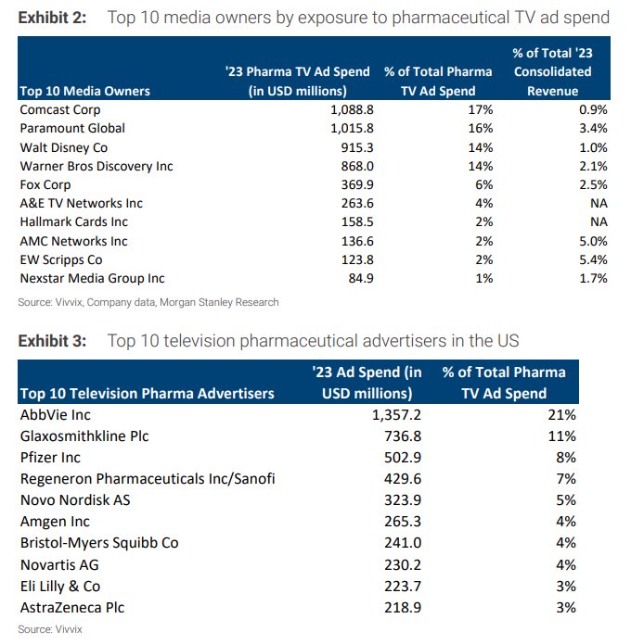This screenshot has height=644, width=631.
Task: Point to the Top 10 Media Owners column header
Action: (x=84, y=91)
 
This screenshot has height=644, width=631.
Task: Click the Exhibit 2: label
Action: (x=52, y=17)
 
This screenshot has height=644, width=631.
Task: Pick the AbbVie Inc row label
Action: (x=57, y=415)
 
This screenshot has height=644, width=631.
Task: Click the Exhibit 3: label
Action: (x=52, y=340)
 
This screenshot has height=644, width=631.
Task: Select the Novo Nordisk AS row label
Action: (x=76, y=500)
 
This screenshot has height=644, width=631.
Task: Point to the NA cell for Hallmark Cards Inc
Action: (x=598, y=222)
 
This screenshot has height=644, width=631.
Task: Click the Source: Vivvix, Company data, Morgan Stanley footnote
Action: (x=148, y=302)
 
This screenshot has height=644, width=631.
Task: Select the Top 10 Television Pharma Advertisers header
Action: (x=147, y=394)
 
